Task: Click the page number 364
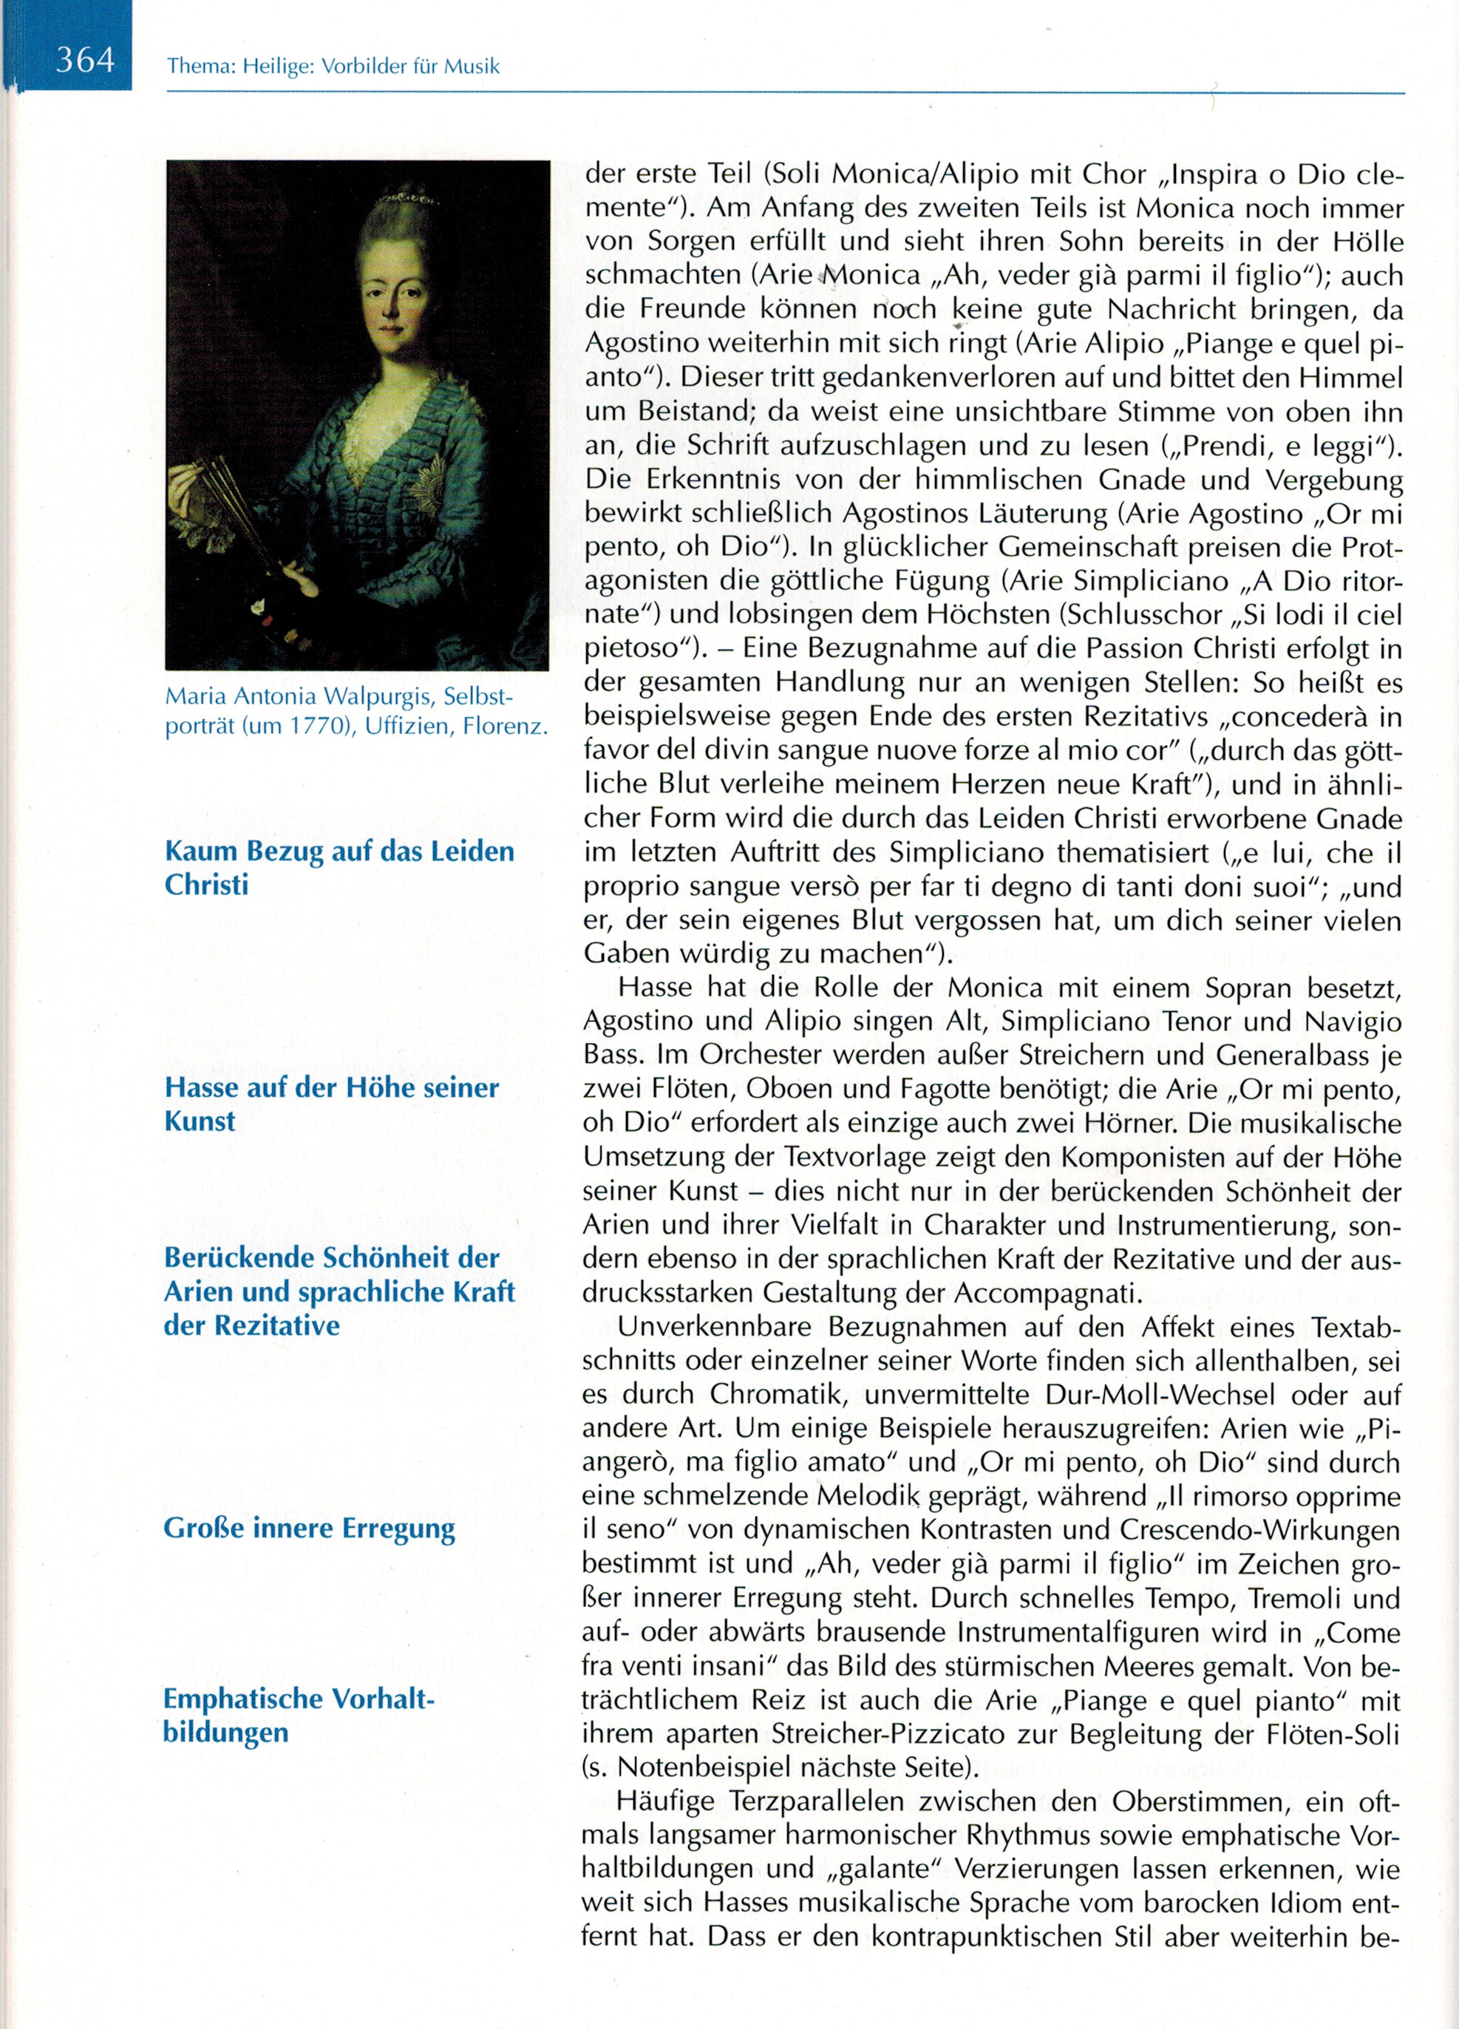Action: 85,60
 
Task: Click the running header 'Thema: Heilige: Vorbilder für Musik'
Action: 333,67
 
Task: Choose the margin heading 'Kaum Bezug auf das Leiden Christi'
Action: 339,867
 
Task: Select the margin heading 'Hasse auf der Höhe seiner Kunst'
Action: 331,1104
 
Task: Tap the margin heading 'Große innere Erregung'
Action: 309,1528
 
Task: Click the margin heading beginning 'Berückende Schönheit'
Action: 339,1291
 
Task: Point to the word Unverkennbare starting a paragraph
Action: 714,1327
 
